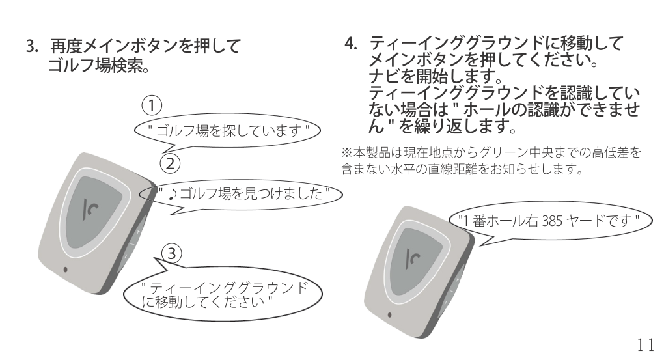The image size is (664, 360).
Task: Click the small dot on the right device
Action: click(x=390, y=318)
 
